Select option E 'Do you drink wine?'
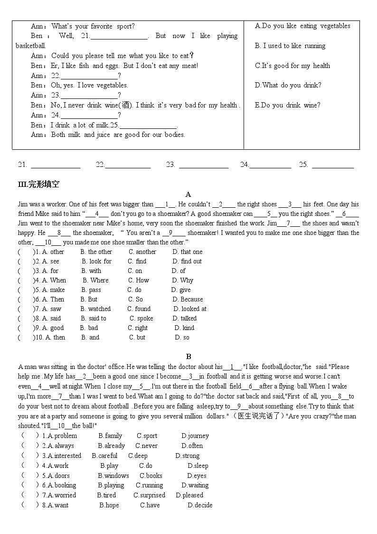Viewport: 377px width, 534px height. [x=288, y=105]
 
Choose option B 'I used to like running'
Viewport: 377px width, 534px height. [x=290, y=46]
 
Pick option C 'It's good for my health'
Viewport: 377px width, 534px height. [x=292, y=66]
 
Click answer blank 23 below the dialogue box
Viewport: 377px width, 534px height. [x=204, y=165]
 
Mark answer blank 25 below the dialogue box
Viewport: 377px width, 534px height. [x=333, y=165]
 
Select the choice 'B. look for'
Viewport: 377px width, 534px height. [x=96, y=261]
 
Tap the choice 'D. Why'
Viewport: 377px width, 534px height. [x=182, y=280]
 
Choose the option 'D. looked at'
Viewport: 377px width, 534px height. [x=189, y=309]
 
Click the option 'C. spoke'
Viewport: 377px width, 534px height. [x=141, y=318]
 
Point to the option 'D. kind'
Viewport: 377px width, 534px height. [x=184, y=328]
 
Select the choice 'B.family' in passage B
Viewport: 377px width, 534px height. [x=110, y=436]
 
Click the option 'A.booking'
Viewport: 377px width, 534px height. [x=62, y=485]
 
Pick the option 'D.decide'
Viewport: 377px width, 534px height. [x=200, y=505]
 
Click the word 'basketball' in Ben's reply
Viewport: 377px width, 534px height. [x=31, y=46]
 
